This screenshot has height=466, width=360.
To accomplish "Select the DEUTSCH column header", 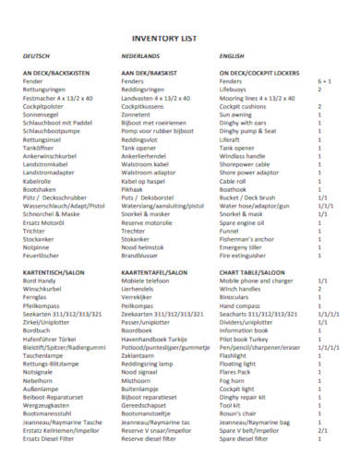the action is coord(36,57).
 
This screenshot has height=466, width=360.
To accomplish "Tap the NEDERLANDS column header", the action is coord(140,57).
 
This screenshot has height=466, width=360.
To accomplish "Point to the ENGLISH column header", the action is coord(232,57).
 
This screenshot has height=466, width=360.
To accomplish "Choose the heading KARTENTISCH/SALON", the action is coord(53,274).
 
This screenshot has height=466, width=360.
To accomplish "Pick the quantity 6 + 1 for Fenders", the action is coord(324,81).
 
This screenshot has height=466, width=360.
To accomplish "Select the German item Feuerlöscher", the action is coord(42,255).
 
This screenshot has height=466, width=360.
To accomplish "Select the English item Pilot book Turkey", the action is coord(246,340).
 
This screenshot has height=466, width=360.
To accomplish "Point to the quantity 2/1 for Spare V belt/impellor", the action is coord(322,429).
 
